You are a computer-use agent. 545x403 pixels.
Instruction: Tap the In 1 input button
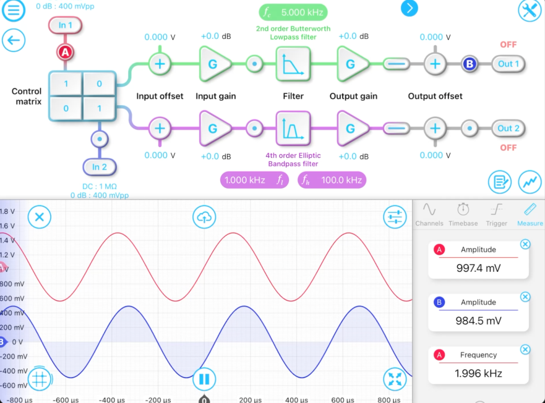point(65,25)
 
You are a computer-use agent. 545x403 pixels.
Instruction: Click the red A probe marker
point(65,52)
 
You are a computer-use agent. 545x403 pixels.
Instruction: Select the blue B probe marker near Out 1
point(470,64)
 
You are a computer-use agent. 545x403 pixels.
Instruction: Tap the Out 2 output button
point(508,128)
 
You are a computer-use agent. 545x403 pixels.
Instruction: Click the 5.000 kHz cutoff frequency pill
point(293,13)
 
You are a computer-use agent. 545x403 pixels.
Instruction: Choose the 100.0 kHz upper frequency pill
point(332,180)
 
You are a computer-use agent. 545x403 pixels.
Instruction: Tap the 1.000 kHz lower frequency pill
point(254,180)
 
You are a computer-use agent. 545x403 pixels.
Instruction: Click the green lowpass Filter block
point(293,64)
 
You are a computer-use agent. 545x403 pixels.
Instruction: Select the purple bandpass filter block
point(293,128)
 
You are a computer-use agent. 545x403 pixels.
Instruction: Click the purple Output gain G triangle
point(351,128)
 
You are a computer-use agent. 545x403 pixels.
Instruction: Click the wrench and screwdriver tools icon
point(530,10)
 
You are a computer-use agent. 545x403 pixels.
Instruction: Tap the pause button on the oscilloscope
point(204,379)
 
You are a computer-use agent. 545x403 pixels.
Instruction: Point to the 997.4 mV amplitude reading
point(478,268)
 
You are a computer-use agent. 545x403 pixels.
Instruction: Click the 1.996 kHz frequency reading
point(478,373)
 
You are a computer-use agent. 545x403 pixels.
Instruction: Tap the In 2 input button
point(99,167)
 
